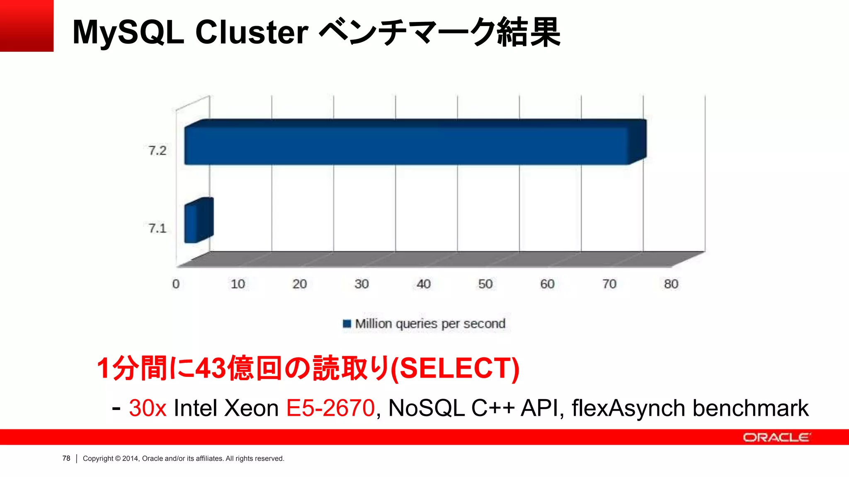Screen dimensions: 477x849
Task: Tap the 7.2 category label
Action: click(158, 150)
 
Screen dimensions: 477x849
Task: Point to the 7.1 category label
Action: click(158, 228)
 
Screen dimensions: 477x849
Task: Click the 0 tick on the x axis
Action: click(176, 284)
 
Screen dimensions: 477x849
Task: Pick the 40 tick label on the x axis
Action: click(423, 284)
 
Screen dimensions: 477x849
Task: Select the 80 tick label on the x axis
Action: click(671, 284)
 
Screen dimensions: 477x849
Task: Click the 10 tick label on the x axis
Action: click(238, 284)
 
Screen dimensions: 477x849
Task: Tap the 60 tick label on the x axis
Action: click(547, 284)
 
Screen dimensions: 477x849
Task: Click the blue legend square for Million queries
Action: click(347, 323)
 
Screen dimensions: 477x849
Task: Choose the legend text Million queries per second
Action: click(430, 323)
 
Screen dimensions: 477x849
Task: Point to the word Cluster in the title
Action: click(252, 32)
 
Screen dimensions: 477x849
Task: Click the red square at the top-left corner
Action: click(27, 26)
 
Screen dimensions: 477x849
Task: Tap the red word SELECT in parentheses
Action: click(455, 368)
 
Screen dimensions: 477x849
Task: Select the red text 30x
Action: click(148, 408)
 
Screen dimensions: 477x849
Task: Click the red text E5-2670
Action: click(330, 408)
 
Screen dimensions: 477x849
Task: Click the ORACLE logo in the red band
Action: click(776, 437)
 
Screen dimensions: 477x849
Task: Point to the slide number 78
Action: click(66, 458)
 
